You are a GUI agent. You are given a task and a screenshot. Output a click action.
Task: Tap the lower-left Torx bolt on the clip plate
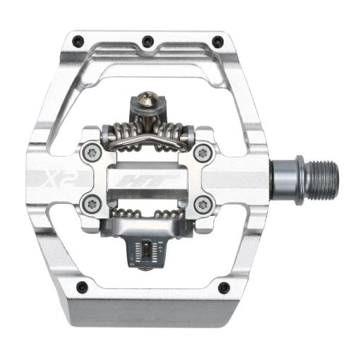coord(88,205)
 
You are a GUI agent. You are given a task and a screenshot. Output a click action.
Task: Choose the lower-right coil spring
coord(176,213)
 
